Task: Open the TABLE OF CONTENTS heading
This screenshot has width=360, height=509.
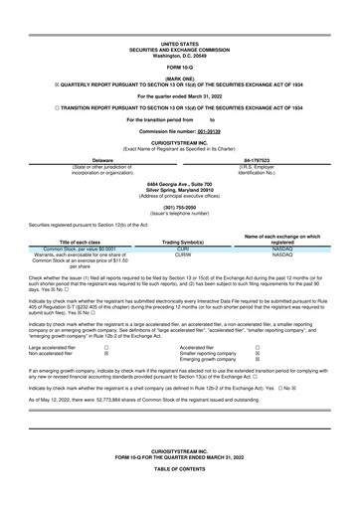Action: coord(179,494)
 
